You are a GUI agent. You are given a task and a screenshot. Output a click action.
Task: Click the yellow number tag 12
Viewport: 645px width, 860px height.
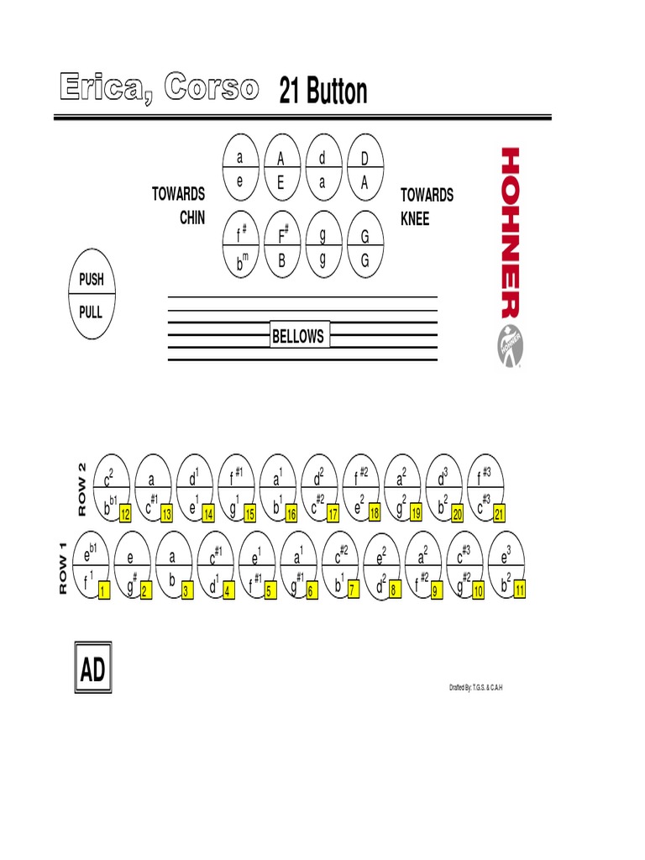(x=125, y=513)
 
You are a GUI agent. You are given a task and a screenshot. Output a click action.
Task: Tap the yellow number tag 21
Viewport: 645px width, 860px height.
(x=501, y=513)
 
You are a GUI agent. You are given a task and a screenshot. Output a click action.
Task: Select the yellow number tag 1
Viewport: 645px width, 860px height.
(x=104, y=591)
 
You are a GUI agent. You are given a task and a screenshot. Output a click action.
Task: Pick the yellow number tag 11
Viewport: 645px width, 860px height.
(x=520, y=590)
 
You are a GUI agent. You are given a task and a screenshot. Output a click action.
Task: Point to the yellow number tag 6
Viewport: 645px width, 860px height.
(x=311, y=591)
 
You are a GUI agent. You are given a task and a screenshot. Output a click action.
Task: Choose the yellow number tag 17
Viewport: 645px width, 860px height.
(x=333, y=513)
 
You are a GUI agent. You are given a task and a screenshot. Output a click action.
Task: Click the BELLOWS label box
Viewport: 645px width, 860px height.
(x=298, y=336)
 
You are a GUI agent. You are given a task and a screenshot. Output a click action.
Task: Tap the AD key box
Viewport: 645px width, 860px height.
(x=92, y=670)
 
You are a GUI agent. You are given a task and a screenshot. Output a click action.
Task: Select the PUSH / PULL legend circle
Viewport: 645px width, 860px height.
(x=91, y=295)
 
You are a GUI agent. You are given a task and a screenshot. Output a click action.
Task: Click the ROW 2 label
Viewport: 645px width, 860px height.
(x=81, y=489)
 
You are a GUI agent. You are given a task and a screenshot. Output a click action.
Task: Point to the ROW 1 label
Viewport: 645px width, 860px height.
(x=62, y=569)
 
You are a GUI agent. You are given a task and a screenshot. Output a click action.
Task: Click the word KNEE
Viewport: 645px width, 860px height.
(x=415, y=218)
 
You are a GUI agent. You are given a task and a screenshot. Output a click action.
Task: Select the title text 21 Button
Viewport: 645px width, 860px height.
(x=323, y=92)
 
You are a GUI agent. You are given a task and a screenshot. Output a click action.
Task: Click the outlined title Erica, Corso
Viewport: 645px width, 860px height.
(x=158, y=87)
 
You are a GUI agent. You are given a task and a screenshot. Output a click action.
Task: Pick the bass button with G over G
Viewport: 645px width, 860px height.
(x=364, y=249)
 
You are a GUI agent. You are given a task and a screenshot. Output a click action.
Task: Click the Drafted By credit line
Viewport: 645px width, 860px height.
(x=476, y=688)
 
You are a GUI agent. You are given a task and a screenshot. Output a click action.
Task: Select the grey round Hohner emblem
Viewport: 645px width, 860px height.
(x=510, y=342)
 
